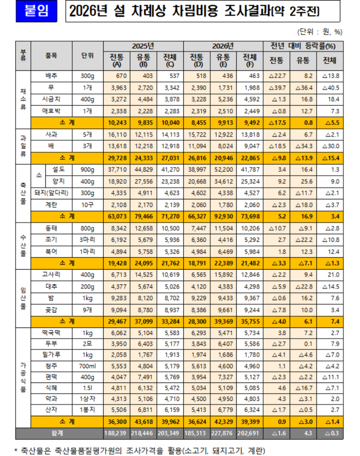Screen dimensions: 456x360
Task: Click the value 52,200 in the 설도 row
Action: (223, 170)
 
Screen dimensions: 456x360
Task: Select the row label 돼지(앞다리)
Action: (52, 193)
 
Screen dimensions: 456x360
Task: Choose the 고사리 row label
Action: (52, 275)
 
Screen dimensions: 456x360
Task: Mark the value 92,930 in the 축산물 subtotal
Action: (223, 216)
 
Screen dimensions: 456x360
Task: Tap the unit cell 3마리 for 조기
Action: (88, 240)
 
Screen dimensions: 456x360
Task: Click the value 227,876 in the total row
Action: (223, 432)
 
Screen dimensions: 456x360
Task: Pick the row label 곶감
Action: (52, 310)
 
